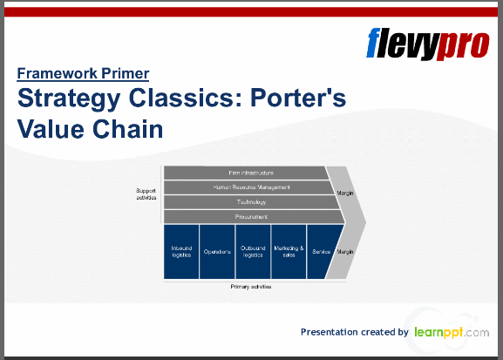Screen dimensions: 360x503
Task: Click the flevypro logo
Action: pos(428,43)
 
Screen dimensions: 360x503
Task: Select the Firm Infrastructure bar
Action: pos(244,173)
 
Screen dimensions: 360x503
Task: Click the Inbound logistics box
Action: pos(181,251)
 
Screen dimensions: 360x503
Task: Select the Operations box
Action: pos(217,251)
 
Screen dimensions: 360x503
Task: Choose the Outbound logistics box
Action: pos(253,251)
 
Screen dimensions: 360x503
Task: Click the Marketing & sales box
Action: pos(289,251)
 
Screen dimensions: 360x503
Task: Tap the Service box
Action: pos(321,251)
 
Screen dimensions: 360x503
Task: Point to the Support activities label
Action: pos(146,194)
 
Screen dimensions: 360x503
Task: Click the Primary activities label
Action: pos(250,287)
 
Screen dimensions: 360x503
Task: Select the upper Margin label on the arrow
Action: pos(344,193)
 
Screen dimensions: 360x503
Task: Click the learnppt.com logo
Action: pos(451,332)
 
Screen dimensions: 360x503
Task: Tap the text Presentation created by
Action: pos(354,332)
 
